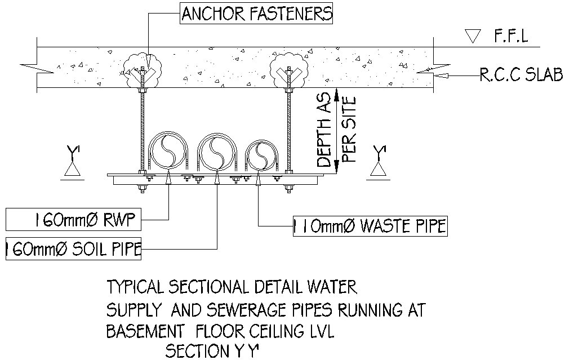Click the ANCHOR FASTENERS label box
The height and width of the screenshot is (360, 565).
(257, 13)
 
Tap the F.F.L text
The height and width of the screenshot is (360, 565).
(511, 38)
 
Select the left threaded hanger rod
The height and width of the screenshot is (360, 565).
(141, 130)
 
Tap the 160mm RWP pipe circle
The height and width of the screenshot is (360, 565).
(167, 151)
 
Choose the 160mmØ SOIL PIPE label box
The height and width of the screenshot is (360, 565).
(72, 250)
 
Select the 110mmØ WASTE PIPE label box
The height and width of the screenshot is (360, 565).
(370, 226)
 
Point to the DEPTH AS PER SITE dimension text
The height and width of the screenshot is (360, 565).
(336, 131)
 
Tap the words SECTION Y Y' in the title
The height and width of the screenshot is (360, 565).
(212, 352)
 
